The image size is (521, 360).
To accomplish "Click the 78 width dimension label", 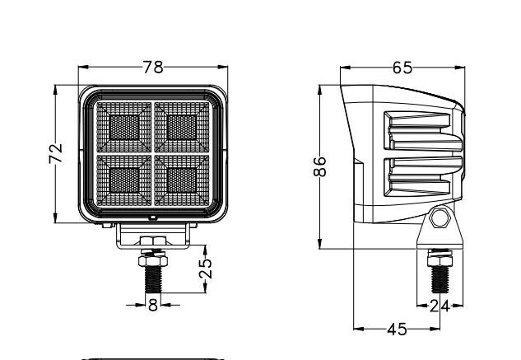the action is [153, 67].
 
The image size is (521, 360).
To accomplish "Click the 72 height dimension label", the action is [56, 153].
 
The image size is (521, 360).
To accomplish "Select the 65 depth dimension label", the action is [402, 68].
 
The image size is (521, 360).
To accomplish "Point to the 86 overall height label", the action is [320, 166].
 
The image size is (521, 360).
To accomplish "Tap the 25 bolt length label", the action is [206, 269].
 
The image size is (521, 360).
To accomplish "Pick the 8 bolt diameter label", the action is [153, 305].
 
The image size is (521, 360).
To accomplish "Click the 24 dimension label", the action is [440, 306].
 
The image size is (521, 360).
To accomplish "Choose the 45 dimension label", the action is [397, 330].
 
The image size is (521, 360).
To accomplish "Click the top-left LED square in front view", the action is [124, 128].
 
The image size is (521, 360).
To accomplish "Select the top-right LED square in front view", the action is [182, 128].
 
